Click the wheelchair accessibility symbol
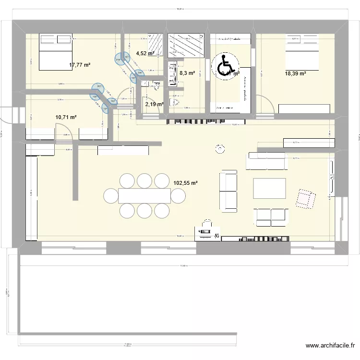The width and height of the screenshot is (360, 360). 224,67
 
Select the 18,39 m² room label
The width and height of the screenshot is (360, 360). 295,73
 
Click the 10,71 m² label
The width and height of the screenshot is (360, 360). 66,117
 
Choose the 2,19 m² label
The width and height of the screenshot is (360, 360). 154,104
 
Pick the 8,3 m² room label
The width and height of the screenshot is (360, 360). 187,73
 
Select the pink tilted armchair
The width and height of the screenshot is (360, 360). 305,198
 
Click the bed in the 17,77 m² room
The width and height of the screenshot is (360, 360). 54,51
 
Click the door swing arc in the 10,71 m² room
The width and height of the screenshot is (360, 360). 64,131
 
